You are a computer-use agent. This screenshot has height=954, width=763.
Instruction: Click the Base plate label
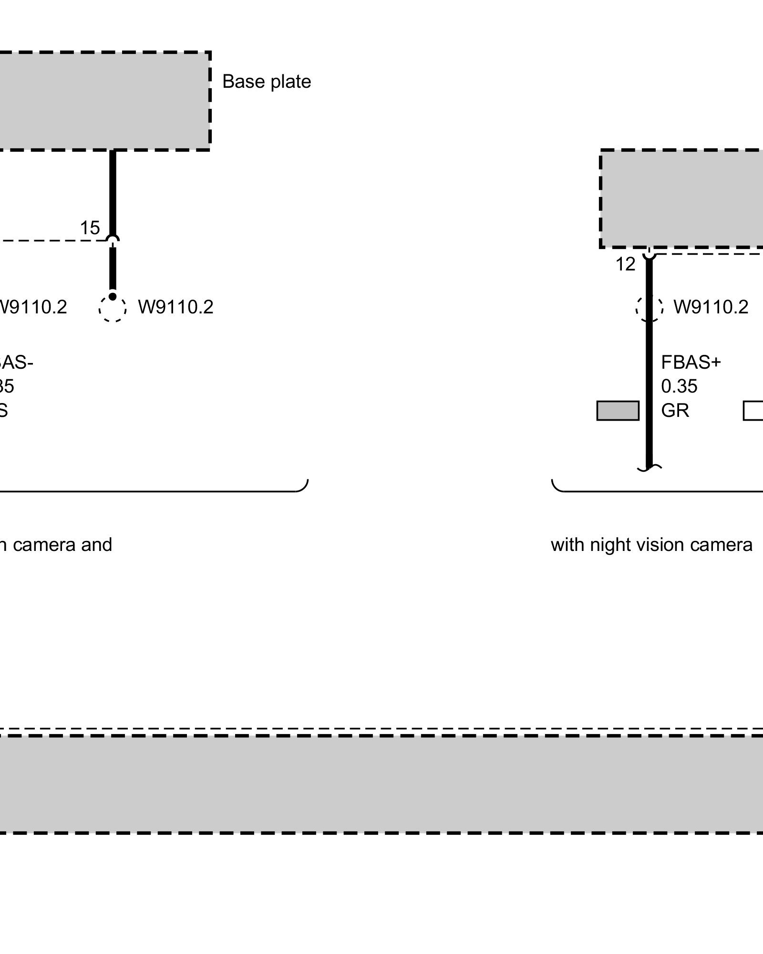(x=267, y=82)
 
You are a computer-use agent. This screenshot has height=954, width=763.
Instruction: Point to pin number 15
(x=90, y=228)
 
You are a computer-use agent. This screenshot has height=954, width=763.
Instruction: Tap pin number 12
(x=625, y=264)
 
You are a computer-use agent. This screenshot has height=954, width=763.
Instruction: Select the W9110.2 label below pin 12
(x=711, y=307)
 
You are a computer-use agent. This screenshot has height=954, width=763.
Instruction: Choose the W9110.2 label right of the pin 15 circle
(x=175, y=307)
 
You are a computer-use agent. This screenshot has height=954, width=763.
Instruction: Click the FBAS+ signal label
(x=691, y=363)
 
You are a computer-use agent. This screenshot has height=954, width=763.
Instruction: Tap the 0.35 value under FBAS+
(x=679, y=386)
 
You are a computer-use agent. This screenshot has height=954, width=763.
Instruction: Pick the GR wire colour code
(x=675, y=410)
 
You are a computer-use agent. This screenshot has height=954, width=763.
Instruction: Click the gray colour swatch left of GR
(x=618, y=411)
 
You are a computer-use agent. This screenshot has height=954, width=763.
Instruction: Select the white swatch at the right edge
(x=753, y=411)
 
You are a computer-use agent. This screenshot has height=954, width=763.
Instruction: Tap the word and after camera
(x=96, y=544)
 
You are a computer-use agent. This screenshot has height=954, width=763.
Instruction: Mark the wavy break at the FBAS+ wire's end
(x=649, y=468)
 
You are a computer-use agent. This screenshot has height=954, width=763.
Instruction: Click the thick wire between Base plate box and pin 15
(x=113, y=191)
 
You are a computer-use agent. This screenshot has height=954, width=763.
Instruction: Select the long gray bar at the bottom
(x=381, y=784)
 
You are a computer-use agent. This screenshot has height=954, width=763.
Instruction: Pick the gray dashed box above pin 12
(x=682, y=198)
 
